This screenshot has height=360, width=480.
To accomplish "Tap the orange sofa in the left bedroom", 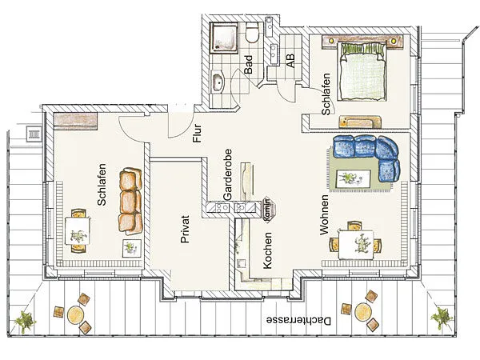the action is [x=130, y=201].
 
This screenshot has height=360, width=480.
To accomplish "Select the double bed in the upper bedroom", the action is [x=362, y=72].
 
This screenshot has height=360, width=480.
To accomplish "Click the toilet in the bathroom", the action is [x=253, y=33].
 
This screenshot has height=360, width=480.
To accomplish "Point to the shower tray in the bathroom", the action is [x=224, y=38].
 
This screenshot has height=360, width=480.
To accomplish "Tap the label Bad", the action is [x=249, y=64].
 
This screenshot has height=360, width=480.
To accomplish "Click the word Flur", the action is [x=197, y=133].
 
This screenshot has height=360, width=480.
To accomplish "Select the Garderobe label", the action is [x=227, y=174].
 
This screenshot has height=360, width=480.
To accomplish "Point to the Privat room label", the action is [x=185, y=229].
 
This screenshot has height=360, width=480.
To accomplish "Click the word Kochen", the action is [x=267, y=250].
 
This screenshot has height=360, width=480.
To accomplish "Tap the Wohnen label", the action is [x=324, y=215].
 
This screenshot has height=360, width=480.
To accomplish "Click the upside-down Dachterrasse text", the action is [x=298, y=321].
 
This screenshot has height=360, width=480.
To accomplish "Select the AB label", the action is [x=290, y=61].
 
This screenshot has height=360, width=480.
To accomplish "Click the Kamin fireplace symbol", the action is [x=268, y=209].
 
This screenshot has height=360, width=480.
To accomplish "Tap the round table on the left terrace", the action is [x=76, y=314].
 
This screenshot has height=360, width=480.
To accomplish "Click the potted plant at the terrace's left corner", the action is [x=25, y=321].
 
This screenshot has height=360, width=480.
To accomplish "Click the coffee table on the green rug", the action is [x=354, y=178].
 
